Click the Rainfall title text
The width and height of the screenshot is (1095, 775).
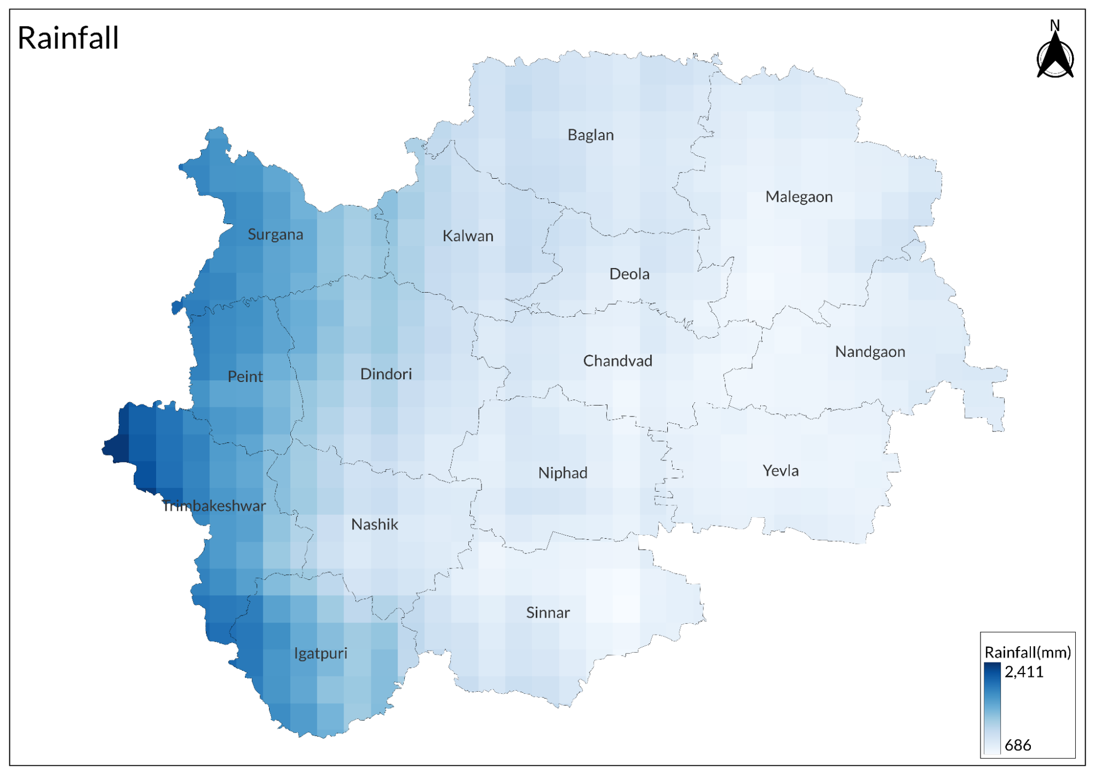pos(68,38)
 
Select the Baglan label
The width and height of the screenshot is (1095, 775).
pos(591,135)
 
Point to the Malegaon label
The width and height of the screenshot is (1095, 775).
pos(799,197)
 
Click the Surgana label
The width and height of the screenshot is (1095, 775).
pos(275,235)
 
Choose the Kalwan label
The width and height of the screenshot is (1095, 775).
pos(468,236)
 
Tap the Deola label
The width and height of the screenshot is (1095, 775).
pos(629,274)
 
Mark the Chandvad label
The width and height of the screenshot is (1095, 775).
pos(617,361)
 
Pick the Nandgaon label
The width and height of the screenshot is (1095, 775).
pos(870,352)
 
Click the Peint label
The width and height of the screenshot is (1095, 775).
pos(245,377)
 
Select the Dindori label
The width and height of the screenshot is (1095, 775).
pos(386,374)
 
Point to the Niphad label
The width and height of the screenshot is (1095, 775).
pos(563,473)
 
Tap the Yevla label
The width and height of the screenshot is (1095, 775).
pos(781,471)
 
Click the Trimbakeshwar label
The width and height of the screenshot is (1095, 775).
pos(214,506)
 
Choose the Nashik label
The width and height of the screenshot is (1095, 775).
pos(375,525)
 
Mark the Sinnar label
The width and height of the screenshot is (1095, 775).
pos(548,613)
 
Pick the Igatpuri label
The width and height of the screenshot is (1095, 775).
pos(320,653)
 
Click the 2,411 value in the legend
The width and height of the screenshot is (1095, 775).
pos(1024,672)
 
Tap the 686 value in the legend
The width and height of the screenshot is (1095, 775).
pos(1018,745)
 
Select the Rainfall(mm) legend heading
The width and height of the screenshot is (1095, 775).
pos(1028,652)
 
